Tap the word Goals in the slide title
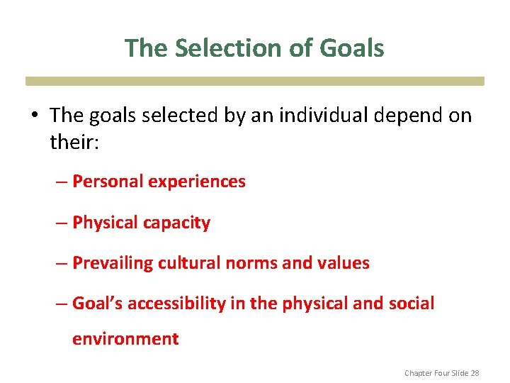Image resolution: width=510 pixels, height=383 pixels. point(351,48)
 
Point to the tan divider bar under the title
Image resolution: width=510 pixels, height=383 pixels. point(255,81)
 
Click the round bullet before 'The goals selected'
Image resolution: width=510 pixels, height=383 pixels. point(35,116)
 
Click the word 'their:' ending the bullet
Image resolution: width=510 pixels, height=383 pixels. point(76,142)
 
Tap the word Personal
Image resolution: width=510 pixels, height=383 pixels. point(108,182)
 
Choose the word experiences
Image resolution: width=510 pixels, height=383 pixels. point(197,182)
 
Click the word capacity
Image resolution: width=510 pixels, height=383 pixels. point(178,223)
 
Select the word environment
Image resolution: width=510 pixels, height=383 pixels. point(125,339)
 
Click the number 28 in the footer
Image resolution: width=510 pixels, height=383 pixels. point(475,372)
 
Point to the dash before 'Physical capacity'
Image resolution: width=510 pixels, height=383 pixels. point(62,223)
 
